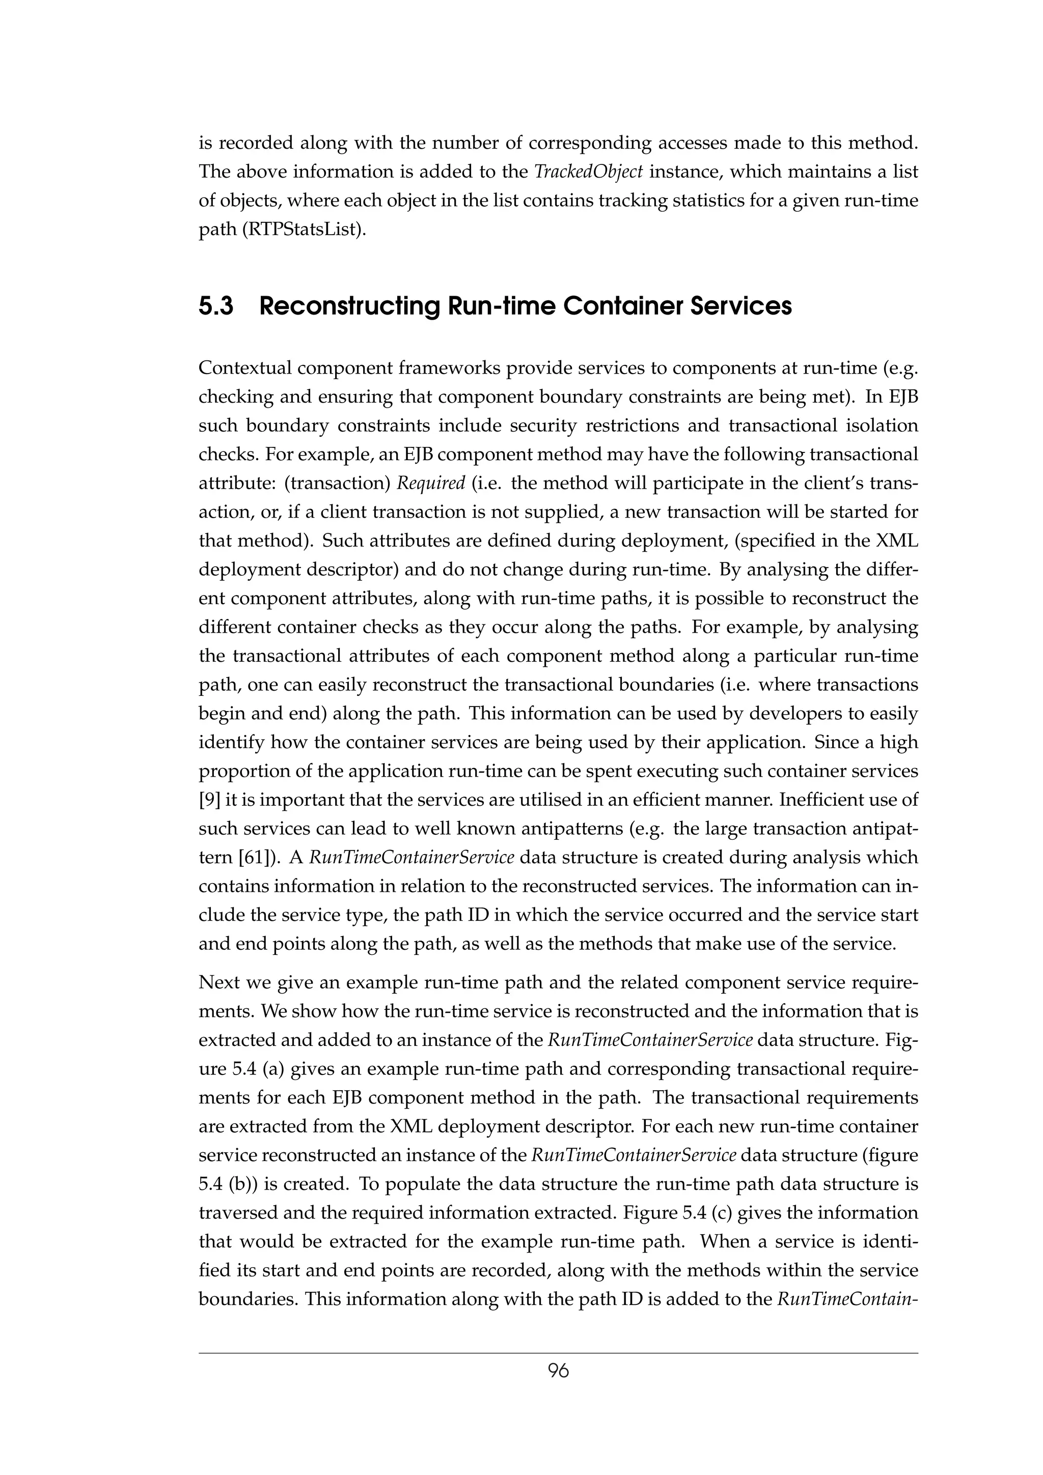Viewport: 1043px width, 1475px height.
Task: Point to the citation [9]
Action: (x=209, y=800)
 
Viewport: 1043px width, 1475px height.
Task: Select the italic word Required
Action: (x=430, y=483)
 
